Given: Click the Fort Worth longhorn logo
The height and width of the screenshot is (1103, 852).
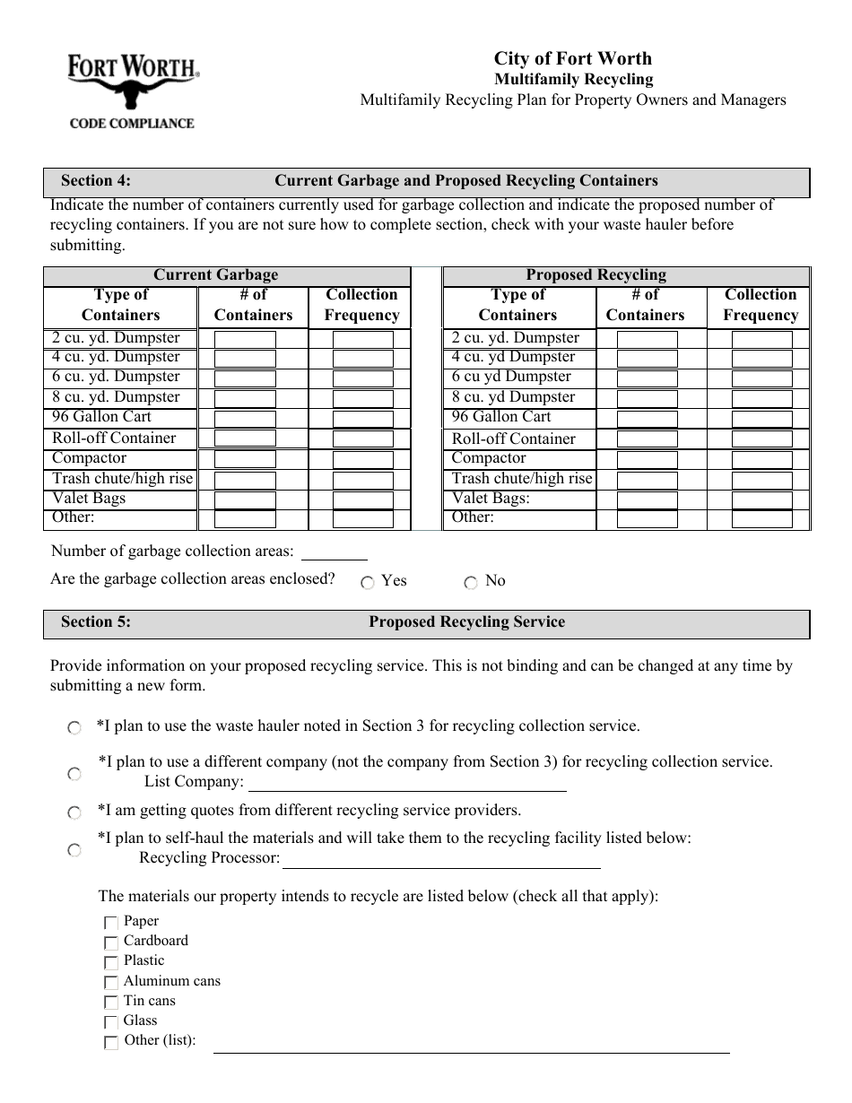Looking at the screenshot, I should (x=133, y=90).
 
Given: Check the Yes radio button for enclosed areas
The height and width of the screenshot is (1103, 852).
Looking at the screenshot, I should (x=368, y=583).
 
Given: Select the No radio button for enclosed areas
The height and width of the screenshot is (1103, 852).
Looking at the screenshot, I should (x=471, y=583).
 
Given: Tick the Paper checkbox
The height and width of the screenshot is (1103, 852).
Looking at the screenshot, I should (x=111, y=923).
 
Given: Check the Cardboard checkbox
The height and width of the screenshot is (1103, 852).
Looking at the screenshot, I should (x=111, y=942).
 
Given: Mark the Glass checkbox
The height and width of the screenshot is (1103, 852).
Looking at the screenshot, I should (x=111, y=1022).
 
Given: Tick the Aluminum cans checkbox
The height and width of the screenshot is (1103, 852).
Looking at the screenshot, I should (x=111, y=983).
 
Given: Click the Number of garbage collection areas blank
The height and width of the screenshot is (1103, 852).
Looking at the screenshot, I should (x=334, y=551).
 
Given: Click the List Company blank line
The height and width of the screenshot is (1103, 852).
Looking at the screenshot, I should (x=406, y=783).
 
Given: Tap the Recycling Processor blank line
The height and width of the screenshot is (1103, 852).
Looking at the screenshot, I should (x=440, y=860).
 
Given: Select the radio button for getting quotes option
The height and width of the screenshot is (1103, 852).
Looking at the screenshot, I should (x=74, y=812).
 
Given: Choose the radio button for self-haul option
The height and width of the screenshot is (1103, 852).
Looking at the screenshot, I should (x=74, y=850).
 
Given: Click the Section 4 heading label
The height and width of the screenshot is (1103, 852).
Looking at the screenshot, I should (x=96, y=181).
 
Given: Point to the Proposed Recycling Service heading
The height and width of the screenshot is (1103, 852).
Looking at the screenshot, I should (x=466, y=622).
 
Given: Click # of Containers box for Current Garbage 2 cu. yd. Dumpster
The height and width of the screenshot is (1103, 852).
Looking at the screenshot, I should (x=245, y=340).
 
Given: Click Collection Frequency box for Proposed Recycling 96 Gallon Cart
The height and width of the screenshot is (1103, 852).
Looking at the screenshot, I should (x=761, y=419).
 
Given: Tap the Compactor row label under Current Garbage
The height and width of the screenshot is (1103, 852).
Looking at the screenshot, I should (x=90, y=458).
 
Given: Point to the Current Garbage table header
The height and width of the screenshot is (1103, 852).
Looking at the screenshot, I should (x=216, y=275).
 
